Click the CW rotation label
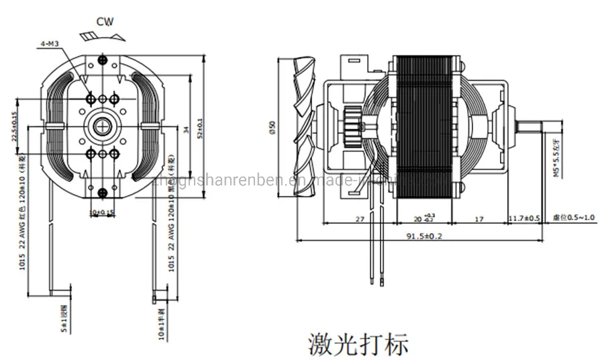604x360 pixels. click(104, 21)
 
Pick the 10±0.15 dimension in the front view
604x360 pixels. click(102, 213)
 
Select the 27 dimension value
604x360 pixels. click(359, 219)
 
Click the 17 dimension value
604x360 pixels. click(479, 219)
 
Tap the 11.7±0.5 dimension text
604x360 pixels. click(524, 219)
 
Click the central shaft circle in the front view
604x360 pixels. click(102, 126)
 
